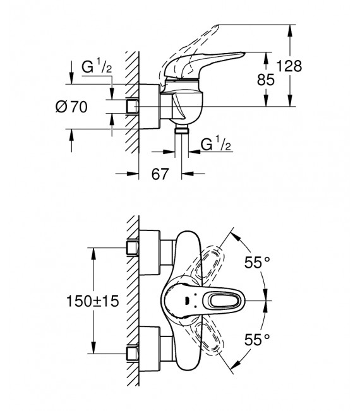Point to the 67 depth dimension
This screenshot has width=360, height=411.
tap(160, 174)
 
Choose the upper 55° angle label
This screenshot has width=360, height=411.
tap(258, 261)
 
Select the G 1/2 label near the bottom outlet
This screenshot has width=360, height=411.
tap(212, 146)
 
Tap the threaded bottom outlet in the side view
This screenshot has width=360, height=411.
tap(183, 129)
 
